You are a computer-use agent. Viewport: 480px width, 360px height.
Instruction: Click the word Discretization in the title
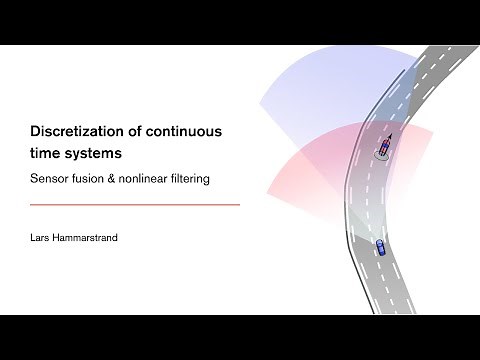pyautogui.click(x=75, y=130)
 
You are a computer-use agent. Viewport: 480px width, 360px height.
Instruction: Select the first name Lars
pyautogui.click(x=42, y=239)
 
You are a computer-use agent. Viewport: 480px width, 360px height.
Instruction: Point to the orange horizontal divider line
pyautogui.click(x=135, y=205)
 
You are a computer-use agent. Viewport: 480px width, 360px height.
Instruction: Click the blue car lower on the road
pyautogui.click(x=379, y=247)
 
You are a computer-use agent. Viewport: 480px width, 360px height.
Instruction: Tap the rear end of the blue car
pyautogui.click(x=380, y=254)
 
